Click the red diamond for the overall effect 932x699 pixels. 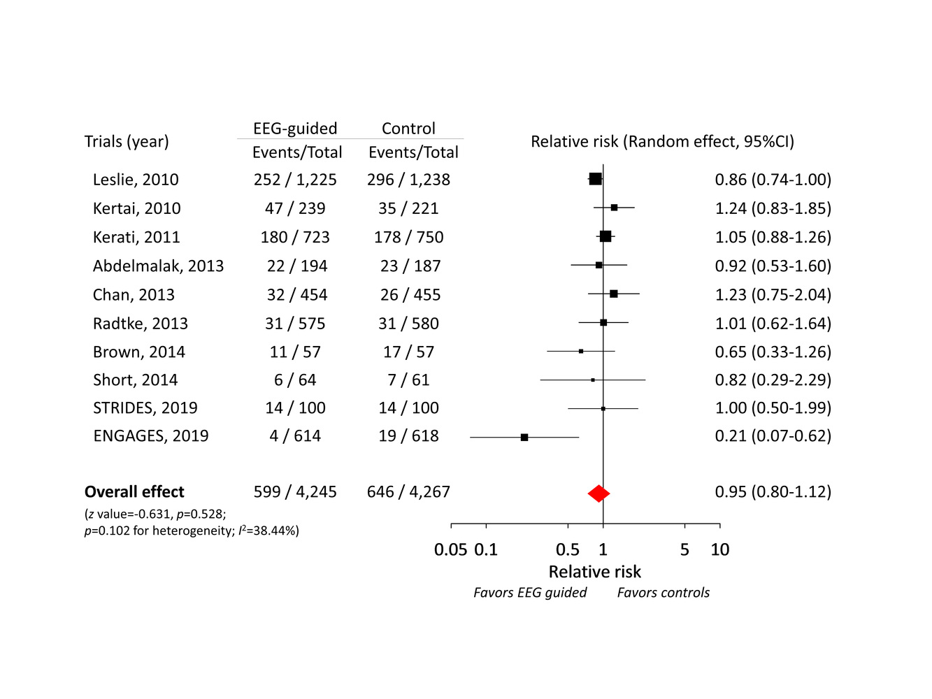point(598,493)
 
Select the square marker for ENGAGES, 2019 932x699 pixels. point(524,437)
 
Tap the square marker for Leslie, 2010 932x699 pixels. point(595,179)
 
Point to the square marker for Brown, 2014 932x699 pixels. point(581,351)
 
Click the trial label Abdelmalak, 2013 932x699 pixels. point(158,266)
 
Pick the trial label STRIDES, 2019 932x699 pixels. point(145,408)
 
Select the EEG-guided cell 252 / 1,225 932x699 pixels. point(295,180)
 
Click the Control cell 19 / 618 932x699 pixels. point(408,435)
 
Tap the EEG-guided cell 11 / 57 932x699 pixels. point(295,352)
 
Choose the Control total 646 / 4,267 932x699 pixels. point(408,491)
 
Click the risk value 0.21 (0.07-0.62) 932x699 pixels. point(773,435)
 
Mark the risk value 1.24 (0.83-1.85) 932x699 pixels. point(773,208)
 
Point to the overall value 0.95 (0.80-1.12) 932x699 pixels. point(773,491)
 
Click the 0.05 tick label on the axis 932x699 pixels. point(450,549)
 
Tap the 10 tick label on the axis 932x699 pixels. point(719,549)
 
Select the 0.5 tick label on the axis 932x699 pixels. point(567,549)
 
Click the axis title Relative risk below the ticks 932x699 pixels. point(594,572)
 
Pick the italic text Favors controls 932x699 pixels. point(663,593)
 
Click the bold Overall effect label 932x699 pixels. point(134,491)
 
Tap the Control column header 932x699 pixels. point(408,129)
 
